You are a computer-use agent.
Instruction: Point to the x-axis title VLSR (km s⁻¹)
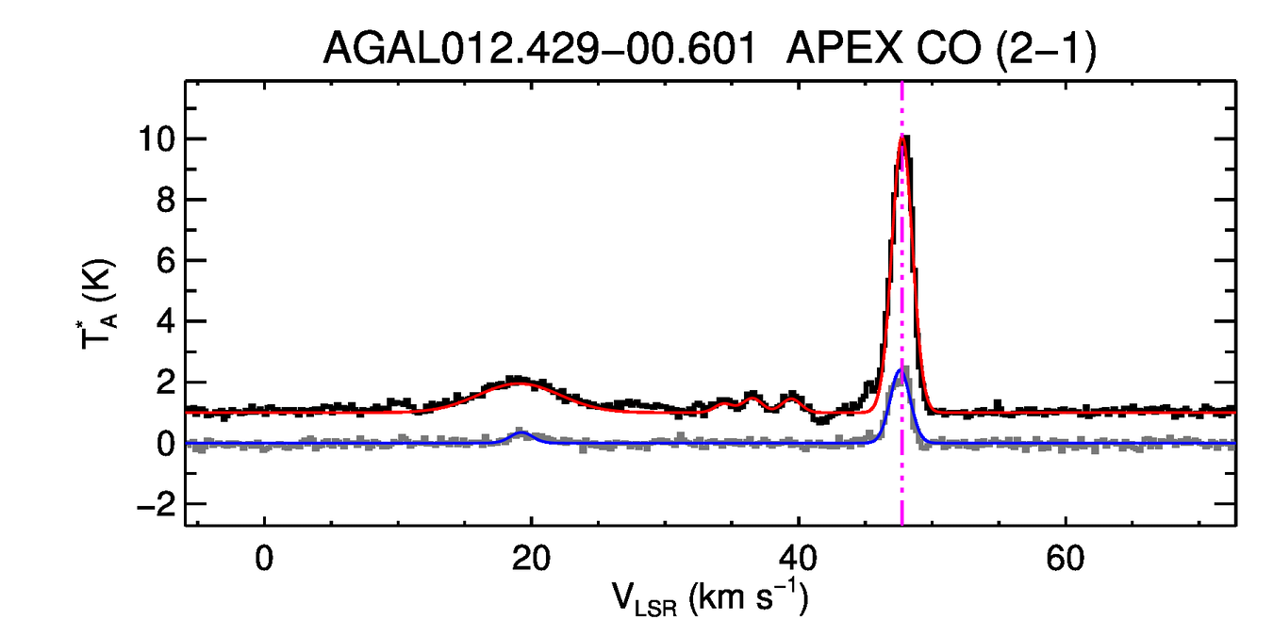point(709,597)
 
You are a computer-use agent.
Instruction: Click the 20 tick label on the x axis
point(532,558)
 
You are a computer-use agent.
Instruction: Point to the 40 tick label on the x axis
point(798,558)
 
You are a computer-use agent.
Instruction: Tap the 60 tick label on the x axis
point(1065,558)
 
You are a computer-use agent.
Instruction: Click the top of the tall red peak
point(902,139)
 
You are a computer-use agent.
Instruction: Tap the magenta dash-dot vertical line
point(902,283)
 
